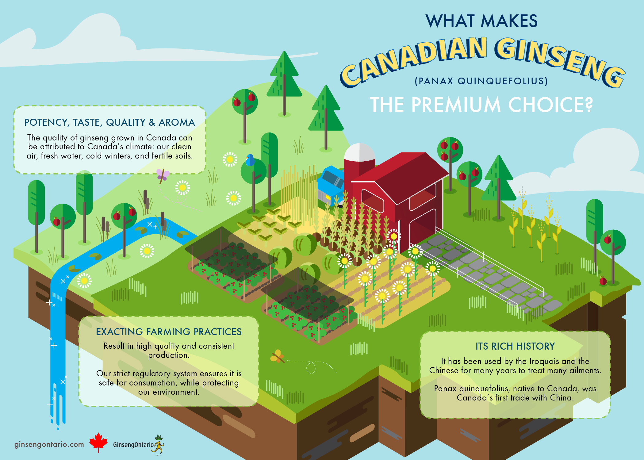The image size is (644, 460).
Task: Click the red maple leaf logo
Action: [98, 442]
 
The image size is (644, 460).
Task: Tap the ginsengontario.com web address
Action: [49, 444]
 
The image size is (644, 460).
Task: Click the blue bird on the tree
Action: [250, 160]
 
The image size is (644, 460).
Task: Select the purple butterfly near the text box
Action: [163, 176]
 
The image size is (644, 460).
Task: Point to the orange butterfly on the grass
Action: [277, 356]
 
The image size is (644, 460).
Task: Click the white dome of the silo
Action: [359, 152]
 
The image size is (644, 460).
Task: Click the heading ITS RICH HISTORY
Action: [515, 346]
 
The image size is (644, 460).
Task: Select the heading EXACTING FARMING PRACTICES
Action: [169, 332]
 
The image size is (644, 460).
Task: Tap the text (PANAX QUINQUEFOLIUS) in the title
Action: [481, 81]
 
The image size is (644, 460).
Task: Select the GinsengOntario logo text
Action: [133, 445]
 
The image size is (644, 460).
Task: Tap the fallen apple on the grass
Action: [603, 281]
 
